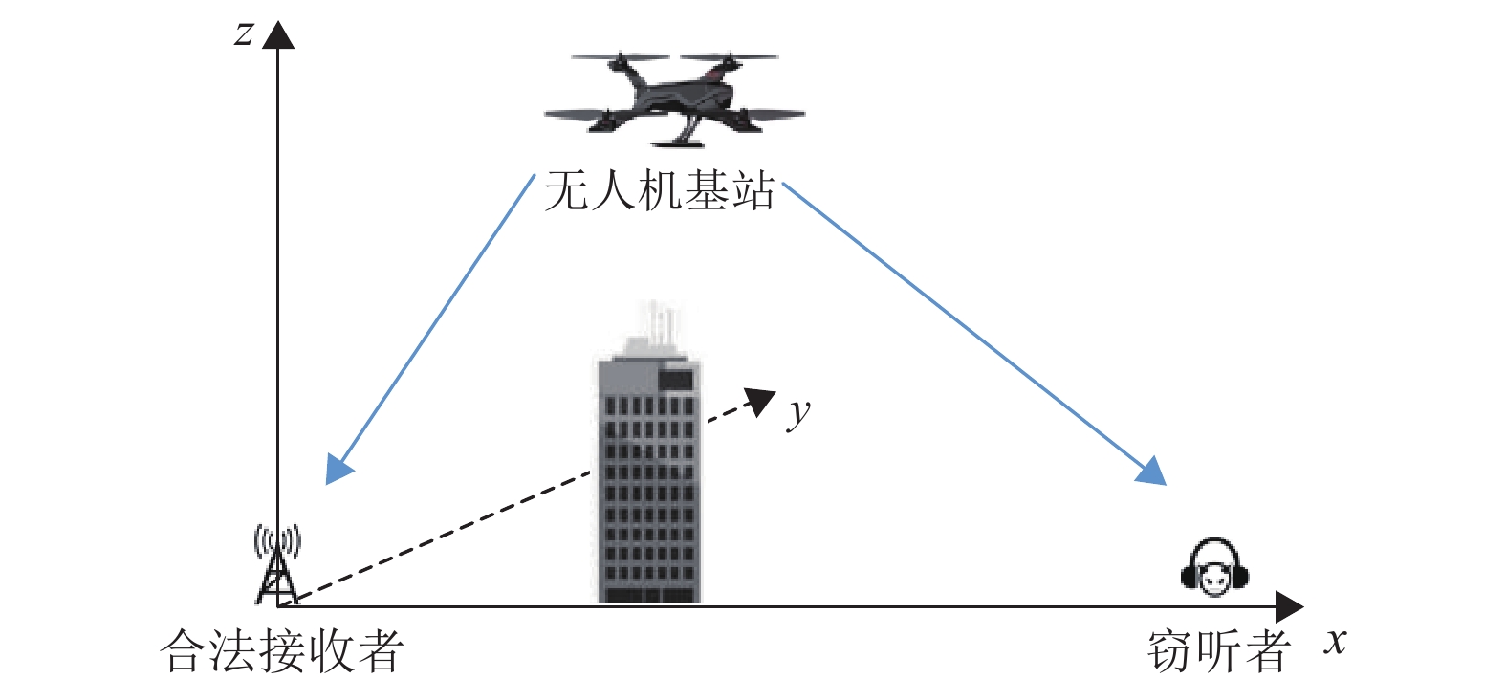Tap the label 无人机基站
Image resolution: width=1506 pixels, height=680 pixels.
click(x=659, y=191)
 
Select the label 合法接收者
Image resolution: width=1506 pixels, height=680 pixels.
click(x=282, y=650)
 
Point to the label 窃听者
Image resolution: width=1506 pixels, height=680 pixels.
click(x=1218, y=650)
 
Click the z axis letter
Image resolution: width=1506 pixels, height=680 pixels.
click(x=245, y=33)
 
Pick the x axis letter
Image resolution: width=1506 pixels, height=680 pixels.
click(x=1335, y=641)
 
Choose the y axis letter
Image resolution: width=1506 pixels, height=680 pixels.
click(x=798, y=413)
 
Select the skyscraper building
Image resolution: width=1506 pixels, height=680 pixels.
click(x=649, y=478)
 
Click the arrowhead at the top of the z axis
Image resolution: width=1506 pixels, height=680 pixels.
click(x=278, y=35)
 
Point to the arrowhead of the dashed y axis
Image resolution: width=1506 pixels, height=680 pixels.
click(x=761, y=401)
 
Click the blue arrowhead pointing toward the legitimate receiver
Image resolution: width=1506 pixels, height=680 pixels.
click(x=338, y=469)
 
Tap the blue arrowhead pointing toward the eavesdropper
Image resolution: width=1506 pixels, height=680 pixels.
click(x=1152, y=471)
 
